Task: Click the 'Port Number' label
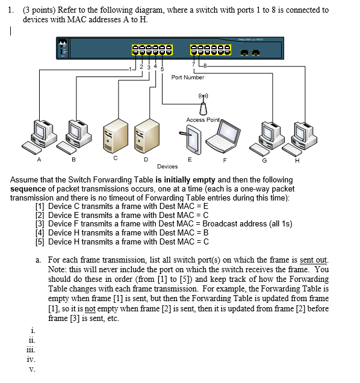(x=188, y=77)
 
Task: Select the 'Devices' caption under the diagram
(x=167, y=166)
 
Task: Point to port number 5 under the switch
(x=163, y=68)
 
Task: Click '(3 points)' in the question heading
(x=39, y=10)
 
